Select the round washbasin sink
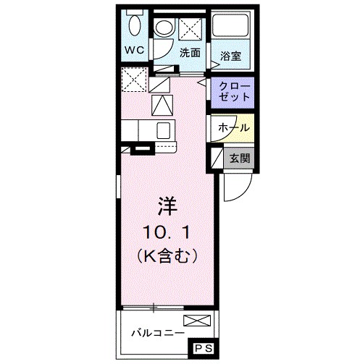164,30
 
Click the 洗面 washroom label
191,52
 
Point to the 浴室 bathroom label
231,54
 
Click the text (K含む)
165,255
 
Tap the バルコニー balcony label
156,334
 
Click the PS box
203,348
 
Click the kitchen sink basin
164,131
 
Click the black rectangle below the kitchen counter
142,151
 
